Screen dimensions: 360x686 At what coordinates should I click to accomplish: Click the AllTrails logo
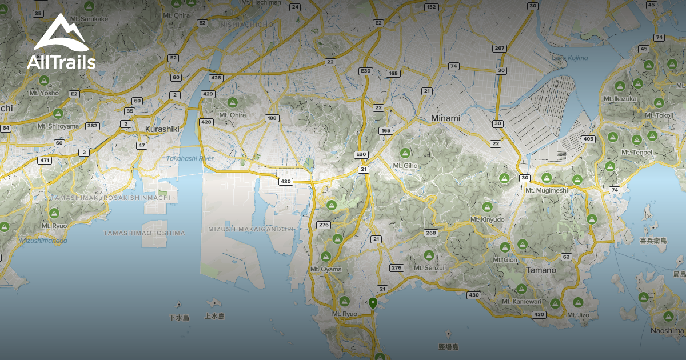[61, 42]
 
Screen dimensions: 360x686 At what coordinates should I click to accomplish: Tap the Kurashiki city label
[162, 129]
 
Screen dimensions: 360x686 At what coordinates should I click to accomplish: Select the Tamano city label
[541, 270]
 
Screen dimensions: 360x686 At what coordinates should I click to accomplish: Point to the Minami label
[445, 118]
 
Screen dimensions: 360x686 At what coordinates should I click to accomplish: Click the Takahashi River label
[186, 158]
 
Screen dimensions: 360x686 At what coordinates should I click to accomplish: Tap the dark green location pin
[373, 303]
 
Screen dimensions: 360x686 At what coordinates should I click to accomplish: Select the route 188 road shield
[272, 118]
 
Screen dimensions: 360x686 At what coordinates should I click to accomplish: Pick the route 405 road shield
[588, 139]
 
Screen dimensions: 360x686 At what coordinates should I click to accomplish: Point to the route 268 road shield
[430, 233]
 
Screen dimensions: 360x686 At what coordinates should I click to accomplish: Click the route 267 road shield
[500, 48]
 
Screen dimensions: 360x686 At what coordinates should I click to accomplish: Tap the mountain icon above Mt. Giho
[405, 153]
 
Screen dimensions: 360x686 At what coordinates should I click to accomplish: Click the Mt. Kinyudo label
[487, 219]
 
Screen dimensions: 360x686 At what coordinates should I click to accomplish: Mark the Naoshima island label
[667, 330]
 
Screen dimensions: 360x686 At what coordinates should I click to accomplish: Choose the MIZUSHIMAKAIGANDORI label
[248, 229]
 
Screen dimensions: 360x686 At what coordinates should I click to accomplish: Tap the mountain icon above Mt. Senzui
[429, 255]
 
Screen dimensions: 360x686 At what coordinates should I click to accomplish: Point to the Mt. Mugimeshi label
[547, 190]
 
